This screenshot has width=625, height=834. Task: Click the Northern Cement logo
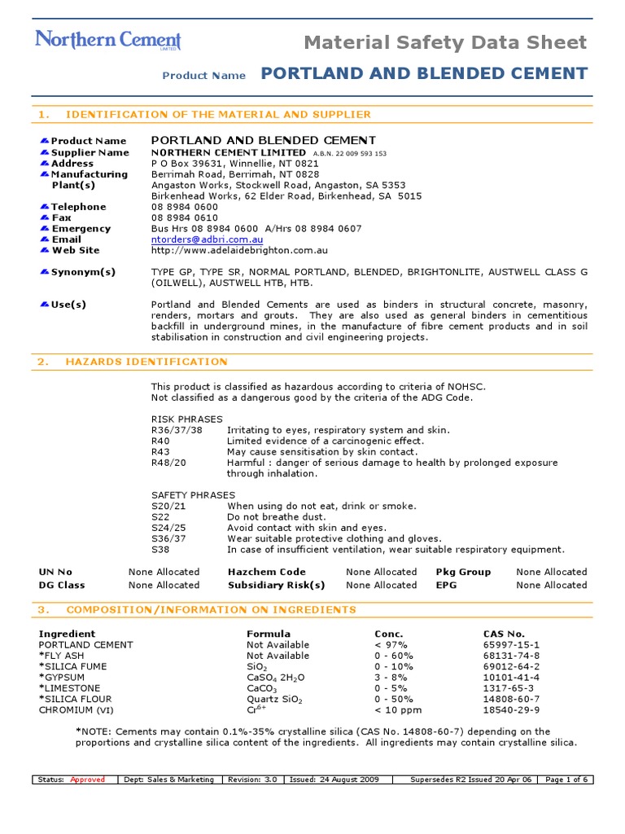107,41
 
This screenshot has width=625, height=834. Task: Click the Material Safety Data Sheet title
445,42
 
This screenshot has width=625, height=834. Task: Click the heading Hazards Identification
146,362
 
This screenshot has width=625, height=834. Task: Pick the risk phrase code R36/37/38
177,430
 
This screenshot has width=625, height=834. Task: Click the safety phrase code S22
160,517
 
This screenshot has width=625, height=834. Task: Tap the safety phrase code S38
160,550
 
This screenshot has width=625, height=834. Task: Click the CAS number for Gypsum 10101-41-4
511,677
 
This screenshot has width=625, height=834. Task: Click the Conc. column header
389,634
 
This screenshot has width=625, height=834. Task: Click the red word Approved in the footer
88,779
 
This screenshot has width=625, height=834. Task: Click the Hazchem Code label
267,572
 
